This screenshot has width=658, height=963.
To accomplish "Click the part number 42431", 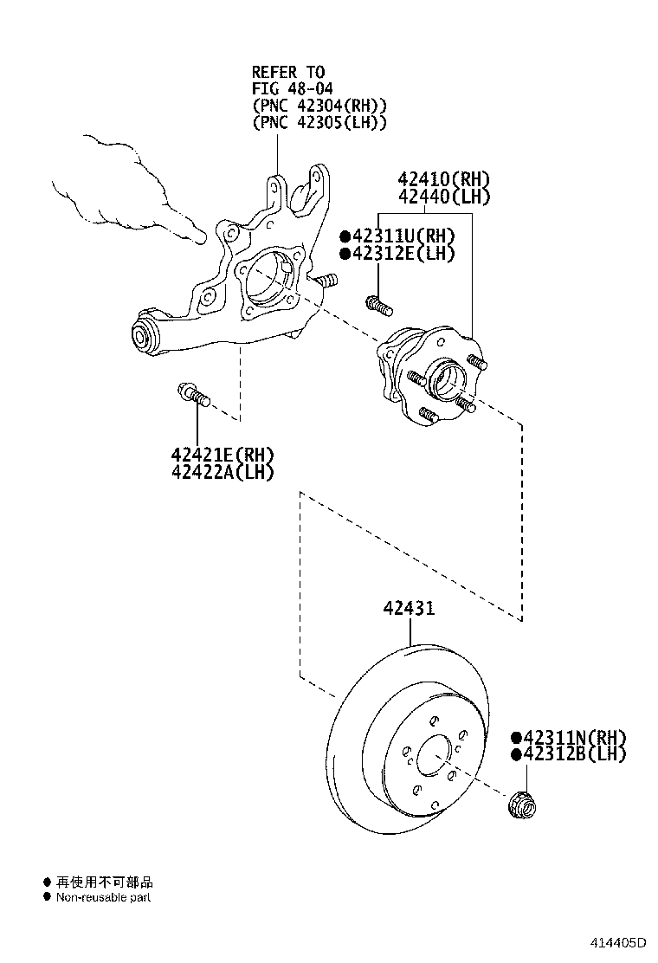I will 410,609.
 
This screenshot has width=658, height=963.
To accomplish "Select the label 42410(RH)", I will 444,180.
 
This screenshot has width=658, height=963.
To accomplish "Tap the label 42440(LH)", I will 444,197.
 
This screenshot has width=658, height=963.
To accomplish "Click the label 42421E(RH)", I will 222,455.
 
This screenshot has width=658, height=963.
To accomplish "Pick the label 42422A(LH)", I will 222,472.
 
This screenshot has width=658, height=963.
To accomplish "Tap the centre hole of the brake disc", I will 435,756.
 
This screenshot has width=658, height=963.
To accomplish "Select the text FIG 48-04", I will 293,88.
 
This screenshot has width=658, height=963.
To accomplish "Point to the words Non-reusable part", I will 104,897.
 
